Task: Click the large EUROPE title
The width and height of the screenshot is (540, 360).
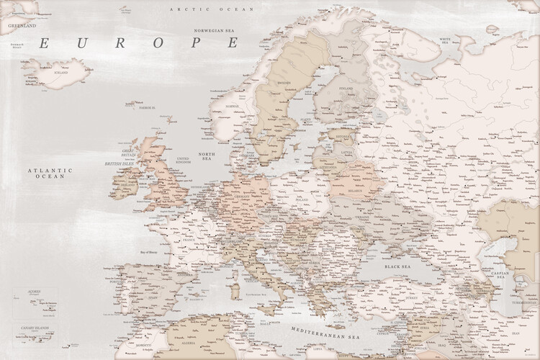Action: coord(138,43)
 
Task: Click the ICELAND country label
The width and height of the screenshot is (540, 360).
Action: coord(60,73)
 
